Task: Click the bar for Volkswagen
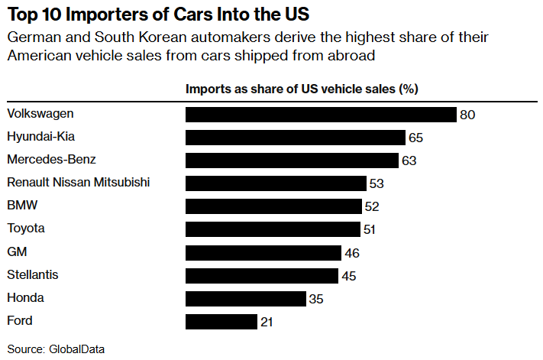click(321, 115)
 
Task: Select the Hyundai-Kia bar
click(295, 138)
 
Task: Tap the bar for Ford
click(221, 322)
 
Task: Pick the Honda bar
click(245, 299)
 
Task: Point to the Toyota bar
click(273, 229)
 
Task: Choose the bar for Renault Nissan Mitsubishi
click(276, 183)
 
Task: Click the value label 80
click(467, 115)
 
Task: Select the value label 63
click(409, 161)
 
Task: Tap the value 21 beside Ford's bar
click(267, 322)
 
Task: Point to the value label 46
click(351, 253)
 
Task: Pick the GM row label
click(17, 251)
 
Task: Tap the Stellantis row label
click(32, 274)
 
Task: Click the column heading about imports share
click(302, 89)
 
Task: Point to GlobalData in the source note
click(76, 349)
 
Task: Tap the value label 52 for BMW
click(371, 207)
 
